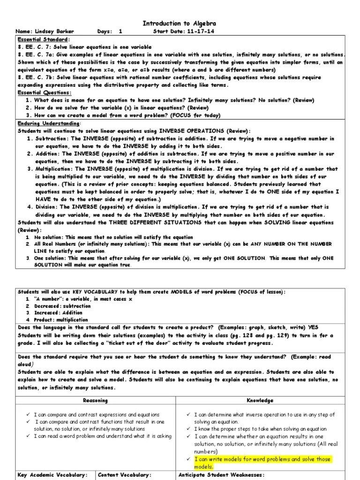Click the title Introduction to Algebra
pos(180,23)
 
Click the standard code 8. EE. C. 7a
pos(37,55)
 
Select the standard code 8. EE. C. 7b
pos(37,77)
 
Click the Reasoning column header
pos(95,401)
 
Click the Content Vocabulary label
pos(124,475)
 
